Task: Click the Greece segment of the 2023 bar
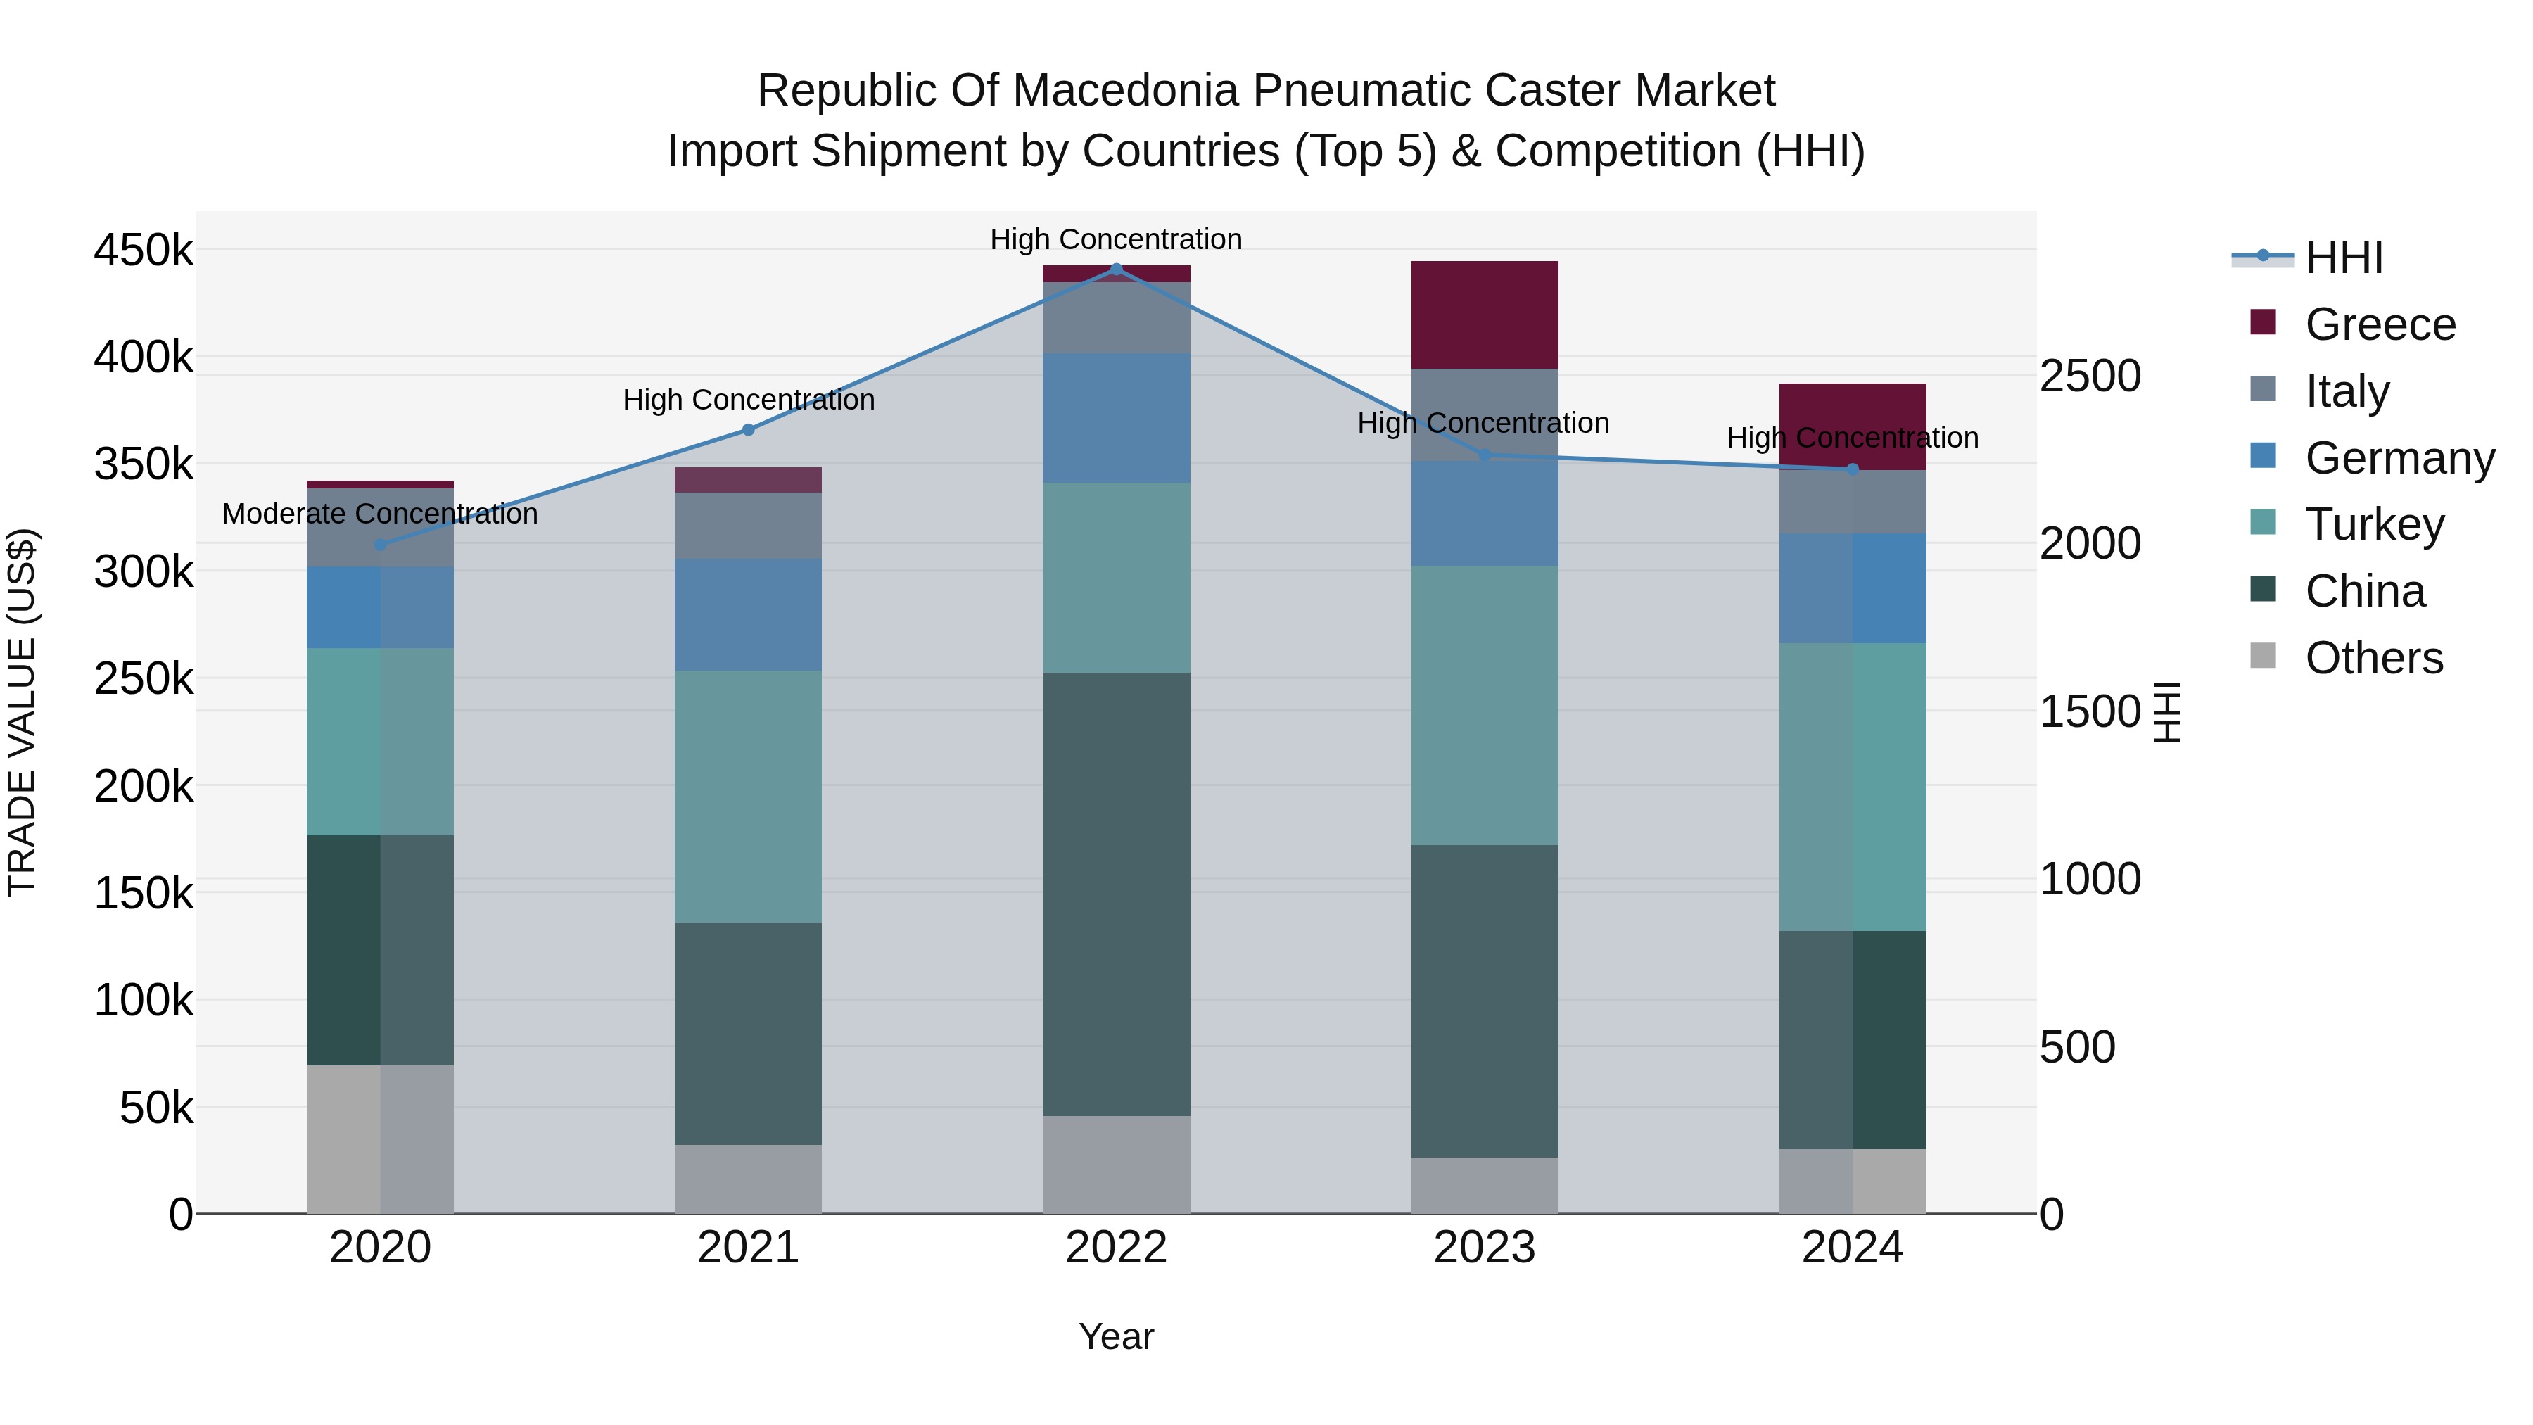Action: [x=1484, y=315]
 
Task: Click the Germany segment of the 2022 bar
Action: [x=1116, y=418]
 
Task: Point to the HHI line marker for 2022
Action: [x=1116, y=269]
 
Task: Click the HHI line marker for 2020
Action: [x=381, y=544]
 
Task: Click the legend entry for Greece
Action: [x=2380, y=324]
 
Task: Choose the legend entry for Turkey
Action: [x=2374, y=524]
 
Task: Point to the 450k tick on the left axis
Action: [x=144, y=250]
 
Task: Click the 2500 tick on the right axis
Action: [x=2090, y=376]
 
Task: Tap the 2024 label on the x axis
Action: [x=1852, y=1248]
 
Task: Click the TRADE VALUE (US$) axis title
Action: [x=22, y=712]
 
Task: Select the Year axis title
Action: [x=1116, y=1336]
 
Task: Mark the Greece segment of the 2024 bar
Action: [x=1852, y=426]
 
